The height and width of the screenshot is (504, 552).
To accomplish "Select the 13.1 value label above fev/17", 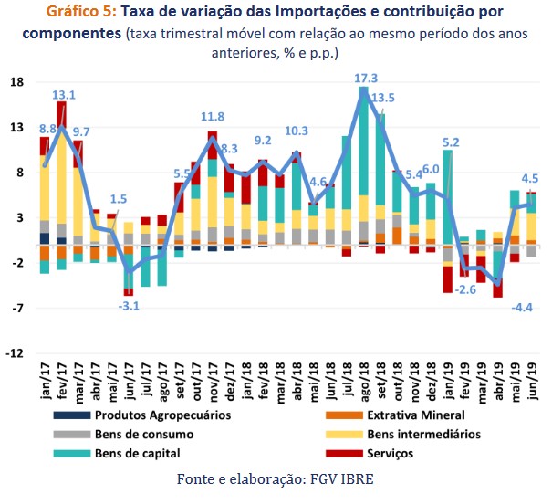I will tap(64, 94).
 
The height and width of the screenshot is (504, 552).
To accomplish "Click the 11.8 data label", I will tap(213, 117).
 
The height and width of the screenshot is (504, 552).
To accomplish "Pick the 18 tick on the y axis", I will tap(16, 82).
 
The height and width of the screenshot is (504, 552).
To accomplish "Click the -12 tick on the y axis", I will tap(15, 353).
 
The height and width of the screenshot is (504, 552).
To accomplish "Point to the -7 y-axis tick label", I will tap(17, 309).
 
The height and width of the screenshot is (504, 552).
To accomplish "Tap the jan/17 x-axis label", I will tap(43, 378).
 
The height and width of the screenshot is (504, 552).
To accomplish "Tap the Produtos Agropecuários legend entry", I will tap(162, 414).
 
